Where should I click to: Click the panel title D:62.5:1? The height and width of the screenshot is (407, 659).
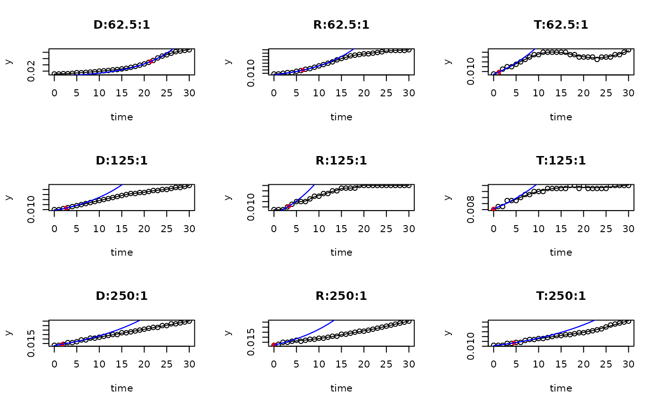pyautogui.click(x=121, y=25)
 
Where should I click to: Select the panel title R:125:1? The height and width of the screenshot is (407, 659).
pyautogui.click(x=341, y=161)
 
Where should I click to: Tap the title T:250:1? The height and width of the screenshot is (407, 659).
pyautogui.click(x=561, y=296)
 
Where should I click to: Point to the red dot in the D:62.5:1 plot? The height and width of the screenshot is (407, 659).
pyautogui.click(x=151, y=62)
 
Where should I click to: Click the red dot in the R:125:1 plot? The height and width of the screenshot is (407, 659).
pyautogui.click(x=288, y=206)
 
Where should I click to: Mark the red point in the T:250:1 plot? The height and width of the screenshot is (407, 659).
pyautogui.click(x=514, y=343)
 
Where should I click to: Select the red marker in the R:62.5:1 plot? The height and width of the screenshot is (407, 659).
pyautogui.click(x=302, y=70)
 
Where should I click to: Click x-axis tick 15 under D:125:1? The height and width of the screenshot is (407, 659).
pyautogui.click(x=121, y=229)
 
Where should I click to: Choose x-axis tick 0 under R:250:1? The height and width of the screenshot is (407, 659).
pyautogui.click(x=274, y=364)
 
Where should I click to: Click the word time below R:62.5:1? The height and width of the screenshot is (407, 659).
pyautogui.click(x=341, y=117)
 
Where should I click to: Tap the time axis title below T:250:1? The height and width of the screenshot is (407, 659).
pyautogui.click(x=561, y=388)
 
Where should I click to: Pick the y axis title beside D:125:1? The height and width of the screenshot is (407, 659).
pyautogui.click(x=9, y=197)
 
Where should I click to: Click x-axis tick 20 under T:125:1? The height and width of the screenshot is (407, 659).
pyautogui.click(x=583, y=229)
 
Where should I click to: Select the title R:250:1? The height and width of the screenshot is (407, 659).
pyautogui.click(x=341, y=296)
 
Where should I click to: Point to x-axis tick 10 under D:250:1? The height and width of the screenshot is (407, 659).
pyautogui.click(x=99, y=364)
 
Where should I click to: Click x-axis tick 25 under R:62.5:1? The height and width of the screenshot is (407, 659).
pyautogui.click(x=386, y=93)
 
